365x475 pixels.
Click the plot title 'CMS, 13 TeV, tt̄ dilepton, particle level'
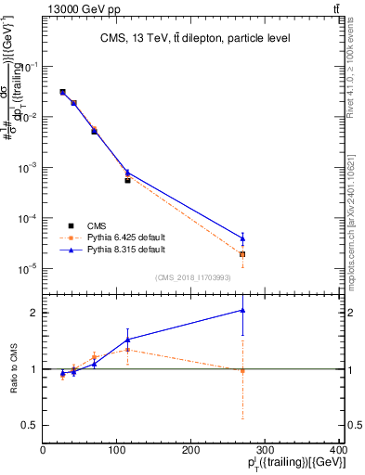195,38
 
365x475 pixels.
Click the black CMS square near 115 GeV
127,180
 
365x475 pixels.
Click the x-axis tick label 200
191,450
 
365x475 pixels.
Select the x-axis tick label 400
339,450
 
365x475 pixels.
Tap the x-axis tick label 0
43,450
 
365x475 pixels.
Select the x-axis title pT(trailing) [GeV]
297,464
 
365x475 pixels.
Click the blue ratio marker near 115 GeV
127,340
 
